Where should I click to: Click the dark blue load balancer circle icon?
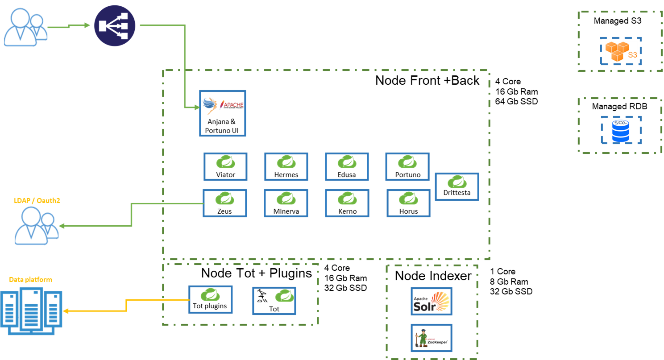tap(115, 26)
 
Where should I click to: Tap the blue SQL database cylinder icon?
tap(620, 130)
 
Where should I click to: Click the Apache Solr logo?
tap(431, 301)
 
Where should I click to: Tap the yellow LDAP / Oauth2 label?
tap(37, 201)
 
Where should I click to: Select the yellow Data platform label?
tap(30, 280)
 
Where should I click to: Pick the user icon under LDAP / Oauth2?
tap(36, 225)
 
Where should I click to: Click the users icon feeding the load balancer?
tap(25, 28)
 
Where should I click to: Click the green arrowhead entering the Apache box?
tap(196, 107)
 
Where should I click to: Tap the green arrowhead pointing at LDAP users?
tap(62, 226)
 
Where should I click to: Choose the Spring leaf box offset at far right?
tap(456, 186)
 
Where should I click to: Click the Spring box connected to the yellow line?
tap(210, 299)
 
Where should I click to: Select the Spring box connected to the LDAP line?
tap(225, 203)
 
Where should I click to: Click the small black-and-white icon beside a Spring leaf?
tap(262, 297)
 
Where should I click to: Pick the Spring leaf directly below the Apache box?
tap(225, 162)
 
